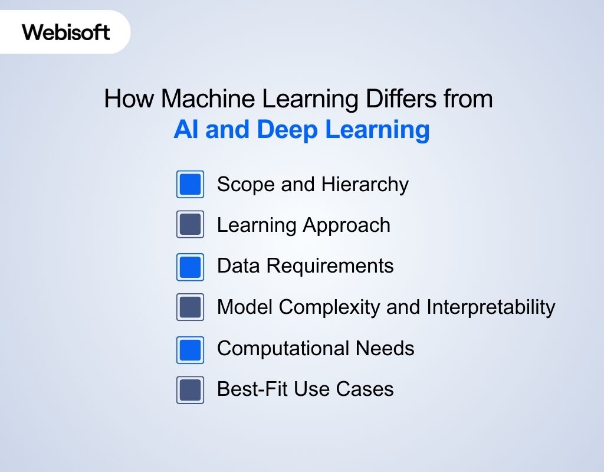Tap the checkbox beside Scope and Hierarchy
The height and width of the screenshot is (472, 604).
(x=190, y=184)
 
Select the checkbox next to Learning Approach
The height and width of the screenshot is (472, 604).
(x=190, y=225)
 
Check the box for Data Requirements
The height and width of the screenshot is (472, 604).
(x=190, y=266)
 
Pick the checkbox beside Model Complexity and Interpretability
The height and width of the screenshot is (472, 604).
(x=190, y=307)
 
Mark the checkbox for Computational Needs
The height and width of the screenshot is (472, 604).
(x=190, y=349)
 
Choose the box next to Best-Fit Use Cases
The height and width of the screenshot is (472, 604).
(x=190, y=389)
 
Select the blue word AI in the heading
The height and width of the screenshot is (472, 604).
(x=185, y=130)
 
